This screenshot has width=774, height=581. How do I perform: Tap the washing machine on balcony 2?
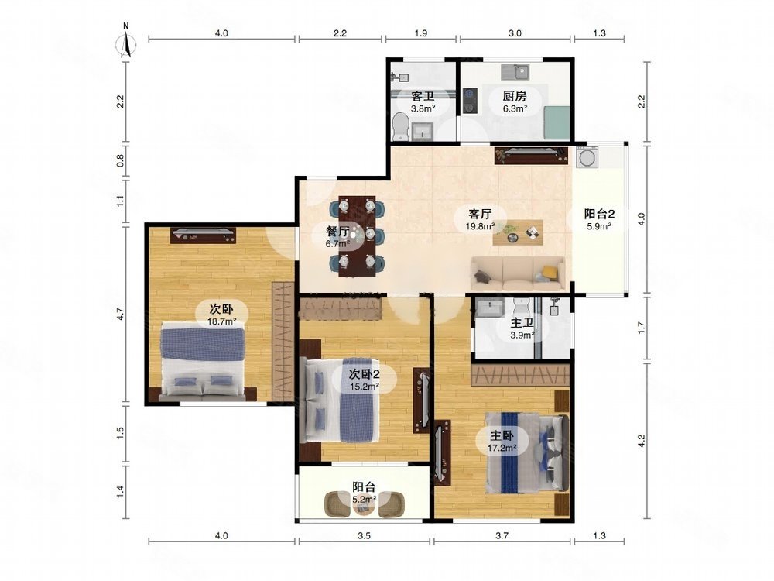(587, 157)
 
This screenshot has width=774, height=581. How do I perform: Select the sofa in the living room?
(518, 273)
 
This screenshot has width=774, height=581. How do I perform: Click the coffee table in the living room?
(518, 232)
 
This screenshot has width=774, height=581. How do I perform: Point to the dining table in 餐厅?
(357, 236)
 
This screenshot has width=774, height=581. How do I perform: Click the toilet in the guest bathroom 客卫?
(399, 126)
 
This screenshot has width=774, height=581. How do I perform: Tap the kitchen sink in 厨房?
(515, 72)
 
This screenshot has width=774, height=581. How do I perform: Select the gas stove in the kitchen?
(469, 99)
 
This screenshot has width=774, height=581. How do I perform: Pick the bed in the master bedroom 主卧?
(526, 453)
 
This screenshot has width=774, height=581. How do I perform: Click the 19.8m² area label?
(480, 226)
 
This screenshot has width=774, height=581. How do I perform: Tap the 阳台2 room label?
(599, 214)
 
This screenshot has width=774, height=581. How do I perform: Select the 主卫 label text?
(522, 323)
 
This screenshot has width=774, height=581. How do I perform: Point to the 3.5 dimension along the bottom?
(365, 535)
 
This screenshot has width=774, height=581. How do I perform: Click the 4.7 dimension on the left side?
(121, 314)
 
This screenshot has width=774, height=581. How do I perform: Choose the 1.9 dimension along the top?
(420, 33)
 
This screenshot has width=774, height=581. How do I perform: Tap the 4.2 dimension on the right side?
(641, 440)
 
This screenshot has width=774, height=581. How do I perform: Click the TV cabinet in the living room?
(531, 155)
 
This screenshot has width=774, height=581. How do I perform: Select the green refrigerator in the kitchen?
(557, 122)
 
